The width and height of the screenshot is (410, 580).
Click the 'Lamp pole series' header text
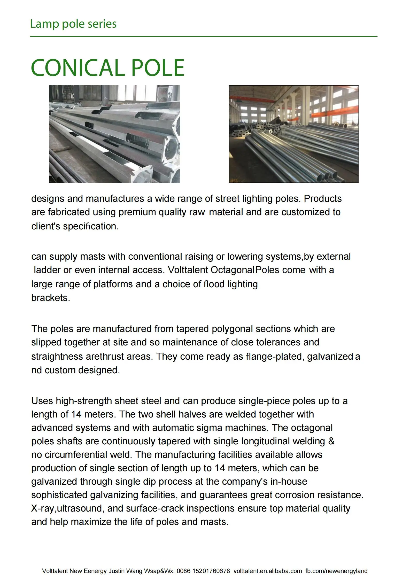point(73,24)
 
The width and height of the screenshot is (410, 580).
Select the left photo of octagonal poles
point(114,134)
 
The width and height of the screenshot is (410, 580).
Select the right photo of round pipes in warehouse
point(293,134)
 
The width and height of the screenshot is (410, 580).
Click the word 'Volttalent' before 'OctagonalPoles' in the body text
point(188,270)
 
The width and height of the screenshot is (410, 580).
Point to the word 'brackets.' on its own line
point(51,298)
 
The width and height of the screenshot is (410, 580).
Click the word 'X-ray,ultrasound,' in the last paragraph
point(68,508)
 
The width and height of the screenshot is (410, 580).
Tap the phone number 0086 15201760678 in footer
point(203,571)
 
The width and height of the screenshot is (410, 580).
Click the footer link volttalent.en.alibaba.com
point(268,571)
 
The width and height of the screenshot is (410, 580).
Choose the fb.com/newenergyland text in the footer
point(336,571)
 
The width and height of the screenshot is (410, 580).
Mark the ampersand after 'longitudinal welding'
point(331,441)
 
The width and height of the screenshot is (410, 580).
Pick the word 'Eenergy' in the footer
point(95,571)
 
